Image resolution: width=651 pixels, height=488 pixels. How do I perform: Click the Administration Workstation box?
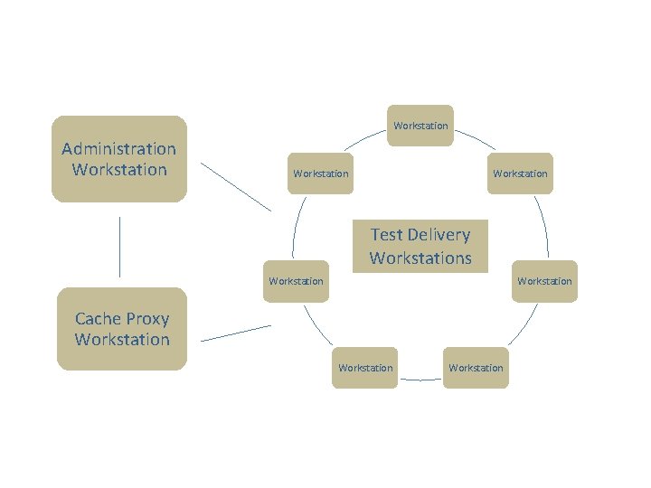click(118, 159)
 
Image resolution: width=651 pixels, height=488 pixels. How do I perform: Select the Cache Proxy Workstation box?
click(122, 329)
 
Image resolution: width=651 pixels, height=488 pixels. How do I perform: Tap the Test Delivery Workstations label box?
click(420, 246)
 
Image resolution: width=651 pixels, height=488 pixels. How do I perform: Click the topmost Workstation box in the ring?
click(420, 126)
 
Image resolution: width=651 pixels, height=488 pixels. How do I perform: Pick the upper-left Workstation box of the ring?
click(320, 174)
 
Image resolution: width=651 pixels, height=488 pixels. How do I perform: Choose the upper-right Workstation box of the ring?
click(520, 174)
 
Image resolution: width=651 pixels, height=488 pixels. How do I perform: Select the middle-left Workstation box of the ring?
click(296, 281)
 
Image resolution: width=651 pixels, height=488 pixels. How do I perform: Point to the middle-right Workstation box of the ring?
click(544, 281)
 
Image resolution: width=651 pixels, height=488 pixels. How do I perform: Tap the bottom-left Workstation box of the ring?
click(364, 368)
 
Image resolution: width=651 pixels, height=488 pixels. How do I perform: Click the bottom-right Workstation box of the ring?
click(476, 368)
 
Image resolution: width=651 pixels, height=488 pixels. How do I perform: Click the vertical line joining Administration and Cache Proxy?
click(119, 246)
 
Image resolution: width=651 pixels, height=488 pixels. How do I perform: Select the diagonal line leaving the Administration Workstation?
click(235, 187)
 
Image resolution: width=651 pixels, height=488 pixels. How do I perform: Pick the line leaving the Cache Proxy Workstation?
click(235, 333)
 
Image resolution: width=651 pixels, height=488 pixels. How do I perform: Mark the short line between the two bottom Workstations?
click(420, 380)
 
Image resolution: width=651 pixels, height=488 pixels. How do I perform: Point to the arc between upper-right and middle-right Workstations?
click(542, 226)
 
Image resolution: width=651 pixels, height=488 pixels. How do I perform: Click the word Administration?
click(118, 149)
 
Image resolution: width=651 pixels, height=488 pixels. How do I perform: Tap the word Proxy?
click(147, 319)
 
